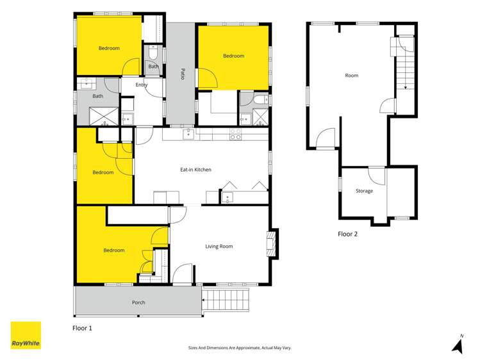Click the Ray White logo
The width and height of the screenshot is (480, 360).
[x=26, y=336]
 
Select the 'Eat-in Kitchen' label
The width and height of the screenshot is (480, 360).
[x=195, y=170]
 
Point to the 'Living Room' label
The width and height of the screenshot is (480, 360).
[x=219, y=246]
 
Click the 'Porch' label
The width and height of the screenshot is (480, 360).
[x=138, y=302]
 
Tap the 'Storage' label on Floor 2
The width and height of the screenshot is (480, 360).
[x=364, y=191]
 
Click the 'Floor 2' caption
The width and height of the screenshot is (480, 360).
[x=347, y=234]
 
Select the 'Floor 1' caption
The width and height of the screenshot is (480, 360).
[x=83, y=328]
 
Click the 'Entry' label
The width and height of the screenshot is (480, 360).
[x=142, y=85]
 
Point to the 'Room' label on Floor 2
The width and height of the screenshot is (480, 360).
[x=351, y=76]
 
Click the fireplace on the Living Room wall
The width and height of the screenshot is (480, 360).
[x=272, y=244]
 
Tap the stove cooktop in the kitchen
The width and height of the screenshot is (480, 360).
[x=235, y=135]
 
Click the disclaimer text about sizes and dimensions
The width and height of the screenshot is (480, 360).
[x=239, y=348]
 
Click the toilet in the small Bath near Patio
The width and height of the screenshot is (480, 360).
[x=154, y=53]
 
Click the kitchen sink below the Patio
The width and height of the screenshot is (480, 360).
[x=188, y=134]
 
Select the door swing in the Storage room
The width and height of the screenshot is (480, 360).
[x=376, y=175]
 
